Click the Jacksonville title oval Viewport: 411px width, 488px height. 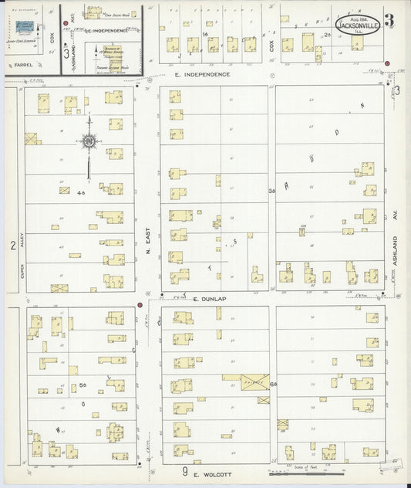point(357,24)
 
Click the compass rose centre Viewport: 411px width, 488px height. point(89,141)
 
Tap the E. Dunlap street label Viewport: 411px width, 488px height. point(207,299)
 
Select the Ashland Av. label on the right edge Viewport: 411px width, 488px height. point(393,251)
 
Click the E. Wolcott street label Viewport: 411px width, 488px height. point(207,473)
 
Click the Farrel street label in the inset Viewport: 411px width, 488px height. point(22,65)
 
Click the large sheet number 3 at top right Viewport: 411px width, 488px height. point(389,21)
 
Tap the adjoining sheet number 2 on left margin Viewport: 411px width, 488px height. point(12,246)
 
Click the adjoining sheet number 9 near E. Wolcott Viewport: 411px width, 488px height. point(185,471)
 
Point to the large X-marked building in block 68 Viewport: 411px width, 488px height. point(254,381)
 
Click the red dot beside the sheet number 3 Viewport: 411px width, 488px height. point(387,63)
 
